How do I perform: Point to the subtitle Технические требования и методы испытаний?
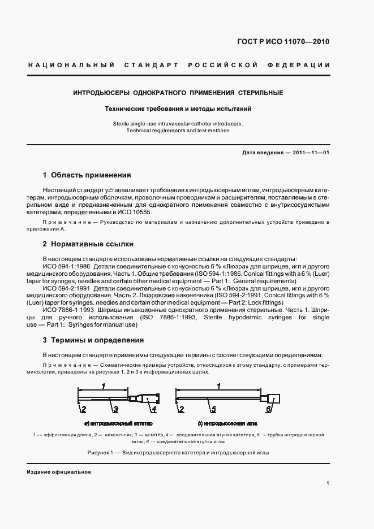click(178, 108)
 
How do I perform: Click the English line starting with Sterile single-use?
click(178, 123)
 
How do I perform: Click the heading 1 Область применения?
click(87, 175)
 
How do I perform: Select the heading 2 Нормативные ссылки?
click(88, 244)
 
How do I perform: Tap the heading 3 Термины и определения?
click(93, 340)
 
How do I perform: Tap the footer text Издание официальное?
click(59, 472)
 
